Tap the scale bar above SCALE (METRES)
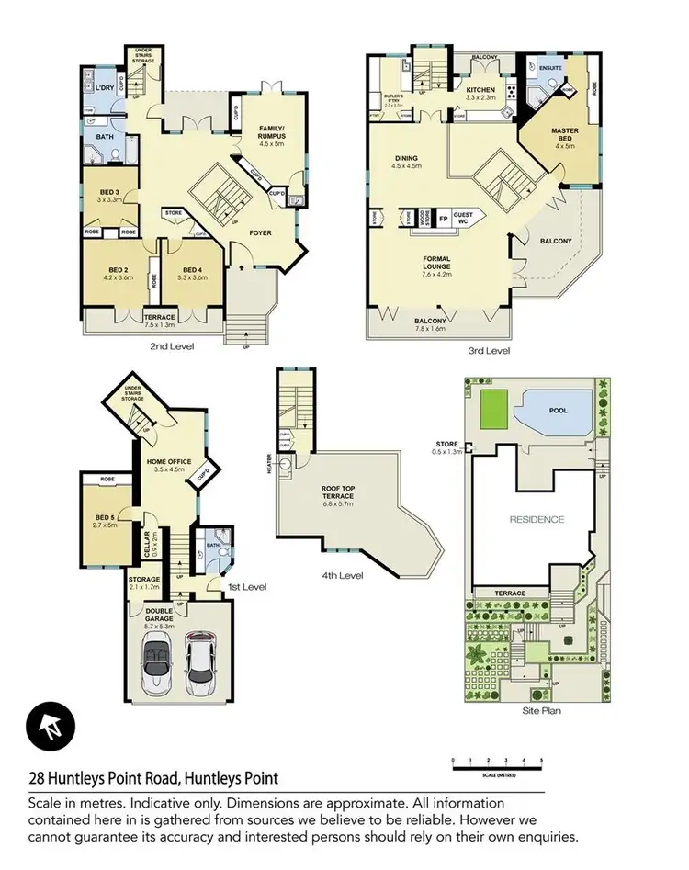497,762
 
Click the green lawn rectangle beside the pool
493,408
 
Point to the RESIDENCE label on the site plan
536,519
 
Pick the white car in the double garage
200,663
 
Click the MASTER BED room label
564,136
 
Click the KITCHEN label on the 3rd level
480,90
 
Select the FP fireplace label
443,220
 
